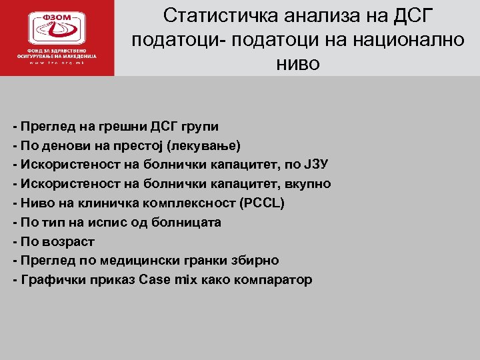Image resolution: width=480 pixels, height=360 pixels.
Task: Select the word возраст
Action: pos(65,241)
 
